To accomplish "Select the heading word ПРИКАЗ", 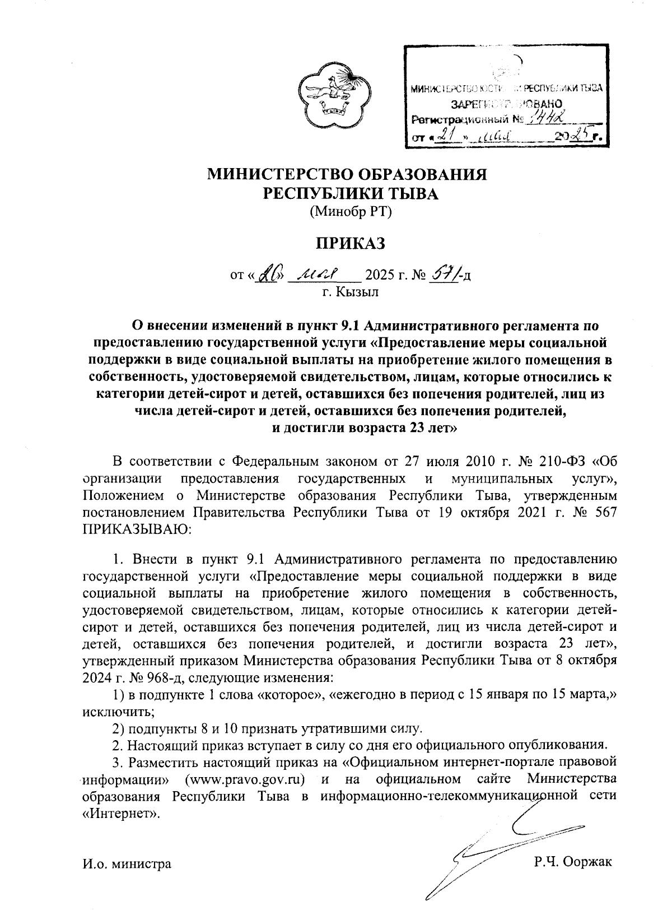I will [x=349, y=244].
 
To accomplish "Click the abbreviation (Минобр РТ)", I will [x=349, y=212].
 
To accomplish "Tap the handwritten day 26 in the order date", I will [x=269, y=275].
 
